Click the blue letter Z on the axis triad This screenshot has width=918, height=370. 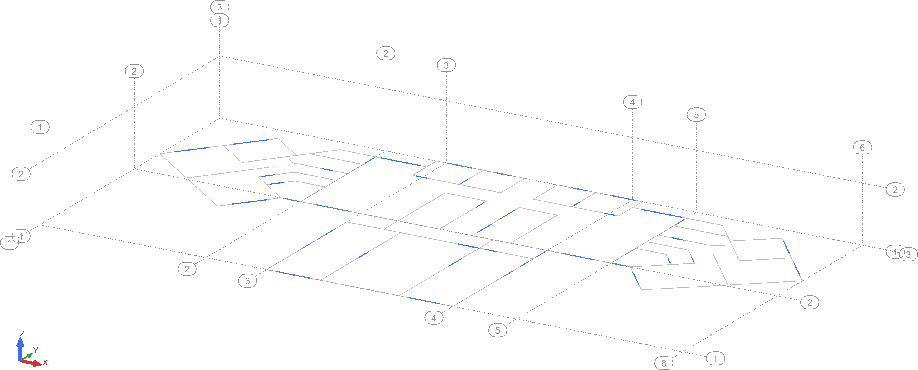[x=23, y=333]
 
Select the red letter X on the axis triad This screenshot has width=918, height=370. [x=45, y=362]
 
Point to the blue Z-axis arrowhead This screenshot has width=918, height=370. [x=20, y=342]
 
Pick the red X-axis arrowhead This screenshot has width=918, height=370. [x=37, y=364]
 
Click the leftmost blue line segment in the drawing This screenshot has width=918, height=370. [x=191, y=149]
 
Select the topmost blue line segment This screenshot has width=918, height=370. [x=251, y=142]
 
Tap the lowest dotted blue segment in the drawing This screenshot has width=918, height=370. [x=423, y=300]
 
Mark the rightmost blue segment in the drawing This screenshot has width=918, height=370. [x=797, y=269]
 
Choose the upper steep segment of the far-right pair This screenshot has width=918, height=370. [x=787, y=248]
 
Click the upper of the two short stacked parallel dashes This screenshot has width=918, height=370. [x=268, y=176]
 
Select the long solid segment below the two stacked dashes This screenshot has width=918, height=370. [x=249, y=202]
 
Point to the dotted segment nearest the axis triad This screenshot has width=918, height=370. [x=294, y=275]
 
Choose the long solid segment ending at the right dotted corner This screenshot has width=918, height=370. [x=661, y=213]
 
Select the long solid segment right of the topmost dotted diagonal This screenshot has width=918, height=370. [x=401, y=162]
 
